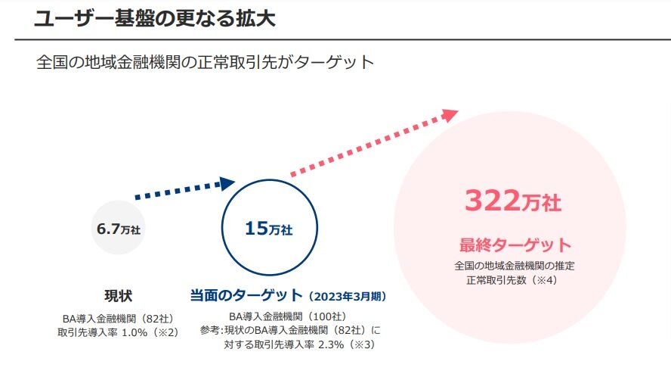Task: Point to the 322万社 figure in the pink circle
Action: pyautogui.click(x=512, y=202)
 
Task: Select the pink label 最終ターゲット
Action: pyautogui.click(x=515, y=245)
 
